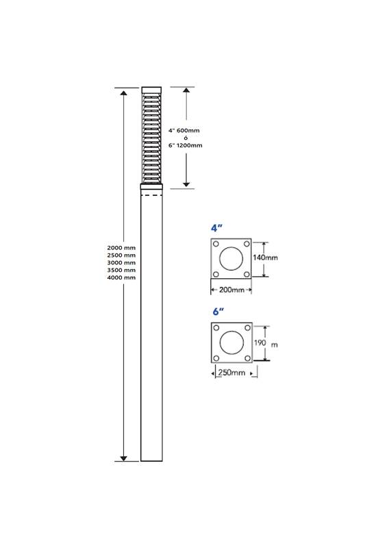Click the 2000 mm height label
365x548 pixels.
[121, 248]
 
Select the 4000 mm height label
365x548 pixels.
[121, 277]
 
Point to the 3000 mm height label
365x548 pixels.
[121, 262]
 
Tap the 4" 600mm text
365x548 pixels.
[184, 130]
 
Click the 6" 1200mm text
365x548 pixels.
[185, 145]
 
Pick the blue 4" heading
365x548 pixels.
[217, 228]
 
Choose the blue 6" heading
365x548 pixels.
[218, 311]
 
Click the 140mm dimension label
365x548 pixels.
[266, 258]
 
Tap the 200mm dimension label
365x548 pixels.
[231, 290]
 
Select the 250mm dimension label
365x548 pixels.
[231, 373]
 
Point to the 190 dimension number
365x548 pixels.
[260, 342]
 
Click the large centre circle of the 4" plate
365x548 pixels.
[231, 259]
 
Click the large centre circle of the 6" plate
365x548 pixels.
[231, 342]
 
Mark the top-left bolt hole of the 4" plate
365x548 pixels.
[216, 244]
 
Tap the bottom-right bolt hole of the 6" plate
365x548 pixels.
[247, 358]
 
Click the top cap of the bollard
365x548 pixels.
[151, 90]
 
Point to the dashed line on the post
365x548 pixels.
[151, 195]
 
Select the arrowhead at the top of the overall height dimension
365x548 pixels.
[124, 92]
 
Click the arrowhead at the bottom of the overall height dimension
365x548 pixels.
[124, 458]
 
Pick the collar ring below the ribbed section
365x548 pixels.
[151, 186]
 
